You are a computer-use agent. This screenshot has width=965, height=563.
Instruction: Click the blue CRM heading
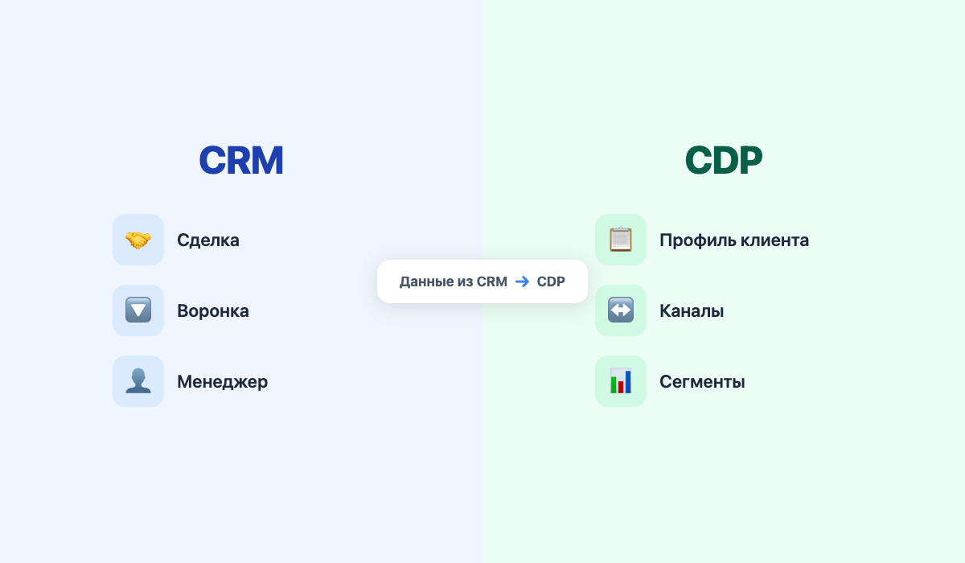[241, 160]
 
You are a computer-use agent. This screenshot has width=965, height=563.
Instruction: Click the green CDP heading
[724, 160]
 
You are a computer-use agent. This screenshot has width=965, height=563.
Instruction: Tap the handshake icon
[138, 240]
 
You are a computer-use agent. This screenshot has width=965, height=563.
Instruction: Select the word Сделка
[208, 240]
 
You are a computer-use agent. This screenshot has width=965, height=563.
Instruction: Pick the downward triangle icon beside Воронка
[138, 310]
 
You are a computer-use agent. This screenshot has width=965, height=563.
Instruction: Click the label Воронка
[213, 310]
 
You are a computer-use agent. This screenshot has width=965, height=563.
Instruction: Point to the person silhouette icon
[138, 381]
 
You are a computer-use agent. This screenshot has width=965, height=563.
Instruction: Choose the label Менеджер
[223, 381]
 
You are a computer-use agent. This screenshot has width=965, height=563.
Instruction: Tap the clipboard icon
[621, 240]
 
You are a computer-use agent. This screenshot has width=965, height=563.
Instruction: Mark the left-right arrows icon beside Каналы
[621, 310]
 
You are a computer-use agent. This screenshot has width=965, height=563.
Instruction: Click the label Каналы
[692, 310]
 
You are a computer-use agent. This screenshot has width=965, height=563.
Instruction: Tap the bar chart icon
[621, 381]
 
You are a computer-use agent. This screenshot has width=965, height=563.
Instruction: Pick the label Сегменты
[702, 381]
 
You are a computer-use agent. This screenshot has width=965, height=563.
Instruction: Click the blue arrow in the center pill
[522, 281]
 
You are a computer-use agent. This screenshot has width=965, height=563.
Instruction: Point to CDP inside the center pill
[551, 281]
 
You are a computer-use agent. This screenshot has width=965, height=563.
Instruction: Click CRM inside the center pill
[492, 281]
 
